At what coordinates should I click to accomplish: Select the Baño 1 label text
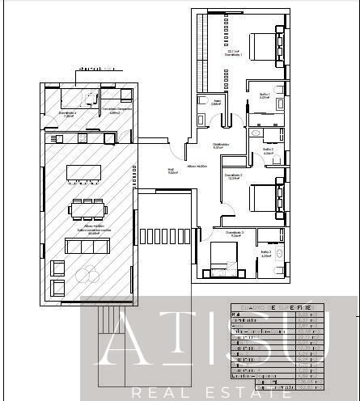264,95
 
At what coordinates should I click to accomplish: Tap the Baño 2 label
268,150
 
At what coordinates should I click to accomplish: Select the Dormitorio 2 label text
233,177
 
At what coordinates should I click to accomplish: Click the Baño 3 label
265,254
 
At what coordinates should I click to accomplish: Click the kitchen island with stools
84,174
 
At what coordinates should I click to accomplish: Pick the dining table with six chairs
87,209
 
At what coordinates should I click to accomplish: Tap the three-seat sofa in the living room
84,246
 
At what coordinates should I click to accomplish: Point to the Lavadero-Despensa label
116,110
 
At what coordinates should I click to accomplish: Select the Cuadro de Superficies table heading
272,307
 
